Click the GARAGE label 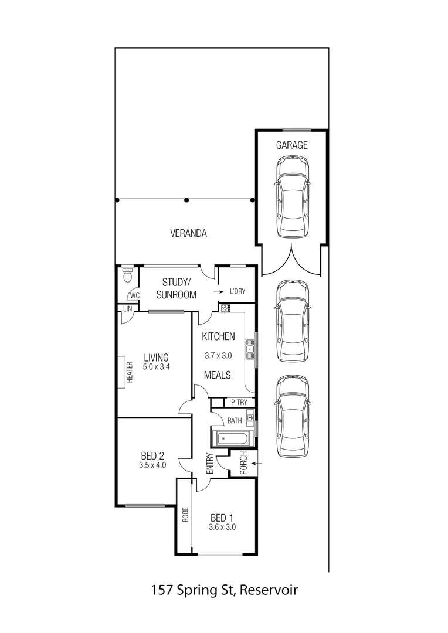[291, 145]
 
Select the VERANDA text [188, 233]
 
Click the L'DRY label [237, 291]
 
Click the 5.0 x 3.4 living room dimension [156, 367]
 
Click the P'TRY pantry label [239, 402]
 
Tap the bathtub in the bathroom [233, 439]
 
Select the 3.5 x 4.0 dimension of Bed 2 [153, 465]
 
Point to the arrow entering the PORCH [259, 464]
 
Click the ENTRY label [209, 465]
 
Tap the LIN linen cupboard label [127, 308]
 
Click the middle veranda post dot [186, 200]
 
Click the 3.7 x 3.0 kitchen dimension [218, 355]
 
